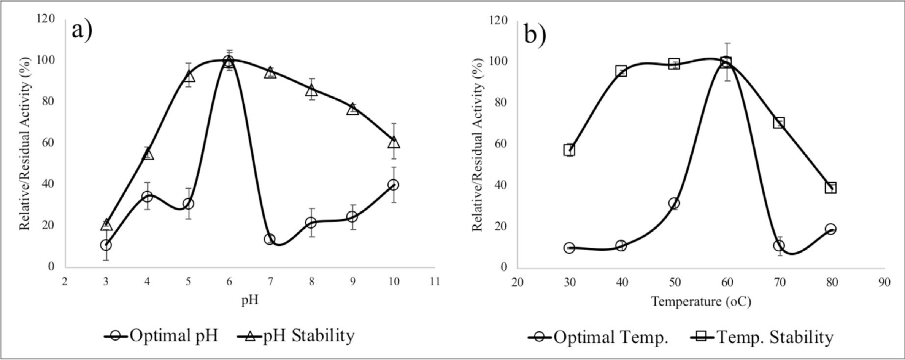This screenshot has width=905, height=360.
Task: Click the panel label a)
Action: pos(82,30)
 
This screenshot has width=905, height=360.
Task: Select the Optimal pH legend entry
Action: pos(161,336)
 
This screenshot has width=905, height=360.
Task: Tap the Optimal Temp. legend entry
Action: pos(598,337)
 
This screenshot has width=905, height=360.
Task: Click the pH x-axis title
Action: pos(250,300)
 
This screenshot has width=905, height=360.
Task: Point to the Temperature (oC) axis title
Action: pos(701,301)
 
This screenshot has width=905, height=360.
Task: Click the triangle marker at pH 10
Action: pos(394,142)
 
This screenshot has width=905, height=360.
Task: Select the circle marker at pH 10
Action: pos(394,184)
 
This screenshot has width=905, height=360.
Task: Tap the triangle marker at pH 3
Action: pos(106,225)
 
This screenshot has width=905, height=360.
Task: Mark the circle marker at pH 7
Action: pos(270,239)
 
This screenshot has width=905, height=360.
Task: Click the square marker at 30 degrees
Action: pos(569,150)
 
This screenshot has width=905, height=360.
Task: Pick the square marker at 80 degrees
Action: pos(831,188)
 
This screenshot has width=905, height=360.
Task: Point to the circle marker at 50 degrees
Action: pos(674,203)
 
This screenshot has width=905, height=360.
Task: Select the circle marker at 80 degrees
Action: pos(831,229)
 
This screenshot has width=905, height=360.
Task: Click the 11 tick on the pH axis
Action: pos(435,282)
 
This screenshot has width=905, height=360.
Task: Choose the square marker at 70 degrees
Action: pos(779,122)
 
